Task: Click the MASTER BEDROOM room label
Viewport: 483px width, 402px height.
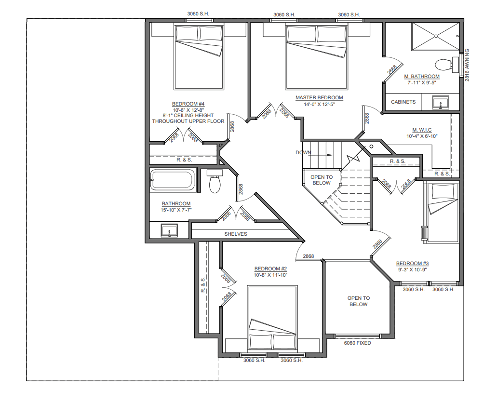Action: click(319, 98)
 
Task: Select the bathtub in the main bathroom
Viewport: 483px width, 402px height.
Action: click(173, 180)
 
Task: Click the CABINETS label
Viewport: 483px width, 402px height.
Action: click(403, 102)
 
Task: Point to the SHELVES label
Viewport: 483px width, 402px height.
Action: click(236, 234)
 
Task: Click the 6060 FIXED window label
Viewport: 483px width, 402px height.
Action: click(357, 343)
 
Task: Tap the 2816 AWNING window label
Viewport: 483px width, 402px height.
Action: click(467, 65)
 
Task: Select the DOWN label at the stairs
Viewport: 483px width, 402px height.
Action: click(303, 152)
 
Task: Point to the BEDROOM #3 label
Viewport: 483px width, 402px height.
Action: click(413, 263)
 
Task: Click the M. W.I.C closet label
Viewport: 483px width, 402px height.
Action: click(422, 130)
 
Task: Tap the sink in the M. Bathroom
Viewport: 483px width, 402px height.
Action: click(441, 103)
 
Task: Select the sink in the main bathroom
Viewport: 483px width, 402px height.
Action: click(169, 230)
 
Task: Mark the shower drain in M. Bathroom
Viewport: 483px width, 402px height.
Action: click(436, 36)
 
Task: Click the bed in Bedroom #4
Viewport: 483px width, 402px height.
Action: click(199, 57)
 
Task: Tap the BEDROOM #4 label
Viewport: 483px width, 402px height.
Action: click(188, 104)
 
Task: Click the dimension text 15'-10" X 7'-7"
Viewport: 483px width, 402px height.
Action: click(176, 210)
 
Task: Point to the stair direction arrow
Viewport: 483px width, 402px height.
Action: click(321, 155)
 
